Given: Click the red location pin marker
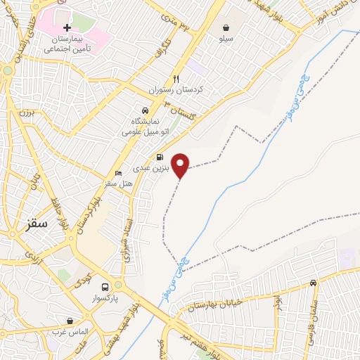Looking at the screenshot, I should (181, 165).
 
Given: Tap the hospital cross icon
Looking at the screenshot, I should (67, 27).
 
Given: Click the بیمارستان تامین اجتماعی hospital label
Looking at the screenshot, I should (68, 44).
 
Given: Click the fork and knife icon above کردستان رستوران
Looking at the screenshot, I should (176, 78).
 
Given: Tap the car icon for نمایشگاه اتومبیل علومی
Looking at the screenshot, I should (143, 111).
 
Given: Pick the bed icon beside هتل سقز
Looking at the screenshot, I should (119, 172).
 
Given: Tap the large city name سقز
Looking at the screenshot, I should (34, 224).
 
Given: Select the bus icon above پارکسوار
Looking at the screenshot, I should (105, 287).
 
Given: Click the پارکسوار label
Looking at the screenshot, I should (105, 299).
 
